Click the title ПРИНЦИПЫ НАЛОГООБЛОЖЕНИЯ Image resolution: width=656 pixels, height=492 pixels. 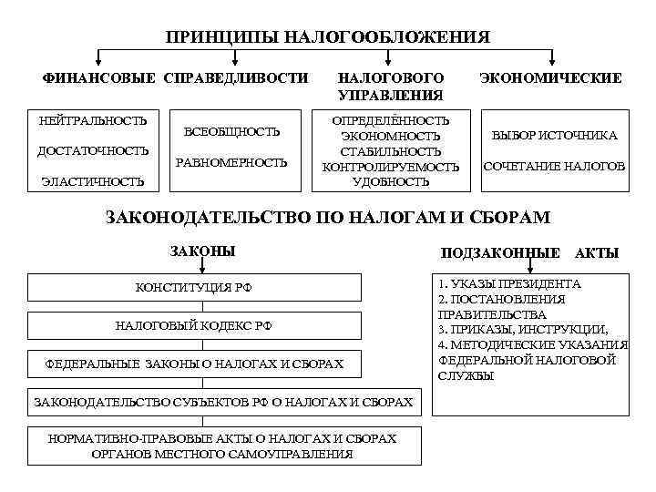(x=328, y=37)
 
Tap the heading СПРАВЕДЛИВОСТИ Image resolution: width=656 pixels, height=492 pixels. (x=236, y=78)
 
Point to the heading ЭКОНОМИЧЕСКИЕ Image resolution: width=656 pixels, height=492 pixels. (x=550, y=78)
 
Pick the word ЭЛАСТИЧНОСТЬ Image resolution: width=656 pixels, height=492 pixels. (x=93, y=181)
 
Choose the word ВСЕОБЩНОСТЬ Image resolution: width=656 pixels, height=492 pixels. (x=231, y=132)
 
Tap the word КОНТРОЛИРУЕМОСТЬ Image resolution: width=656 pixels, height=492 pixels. (x=390, y=167)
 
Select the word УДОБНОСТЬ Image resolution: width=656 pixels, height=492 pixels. (x=390, y=181)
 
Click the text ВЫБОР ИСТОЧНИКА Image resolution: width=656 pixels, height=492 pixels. (x=554, y=136)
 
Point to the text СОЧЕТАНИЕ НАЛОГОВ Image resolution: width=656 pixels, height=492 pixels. (x=554, y=167)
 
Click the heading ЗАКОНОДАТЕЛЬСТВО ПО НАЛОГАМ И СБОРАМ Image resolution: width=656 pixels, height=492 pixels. (x=328, y=218)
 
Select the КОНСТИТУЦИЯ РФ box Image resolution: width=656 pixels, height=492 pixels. (x=193, y=288)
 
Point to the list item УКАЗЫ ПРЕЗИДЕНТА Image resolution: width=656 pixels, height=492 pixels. (x=510, y=284)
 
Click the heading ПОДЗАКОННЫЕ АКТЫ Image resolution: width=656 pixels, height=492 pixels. (x=528, y=252)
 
